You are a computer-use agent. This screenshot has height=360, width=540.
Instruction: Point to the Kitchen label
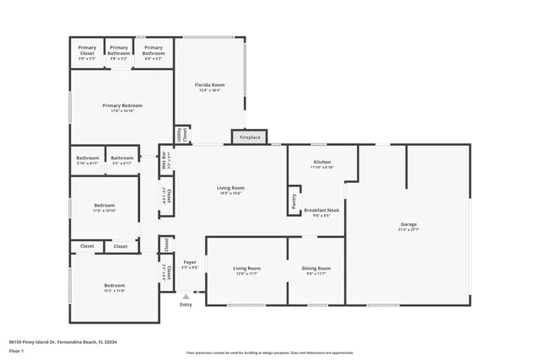321,164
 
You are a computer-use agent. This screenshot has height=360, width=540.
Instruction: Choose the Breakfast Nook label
321,212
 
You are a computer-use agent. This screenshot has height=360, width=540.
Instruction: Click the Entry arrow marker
186,297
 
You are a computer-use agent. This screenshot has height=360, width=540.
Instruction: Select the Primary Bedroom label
122,107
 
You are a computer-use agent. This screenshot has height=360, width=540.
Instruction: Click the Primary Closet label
87,51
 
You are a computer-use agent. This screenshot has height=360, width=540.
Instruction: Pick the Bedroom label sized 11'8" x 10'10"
105,207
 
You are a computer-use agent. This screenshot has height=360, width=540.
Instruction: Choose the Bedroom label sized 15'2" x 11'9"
114,287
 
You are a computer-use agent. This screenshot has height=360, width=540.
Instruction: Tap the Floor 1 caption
16,352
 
